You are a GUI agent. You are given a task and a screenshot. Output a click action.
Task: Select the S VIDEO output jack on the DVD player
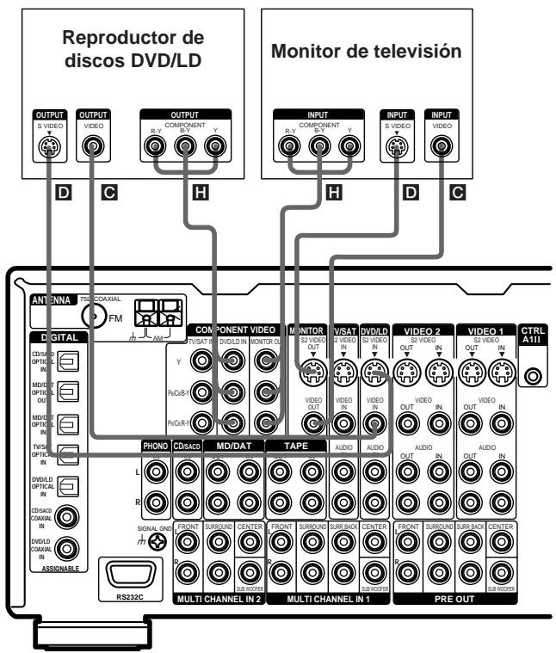(x=45, y=147)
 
